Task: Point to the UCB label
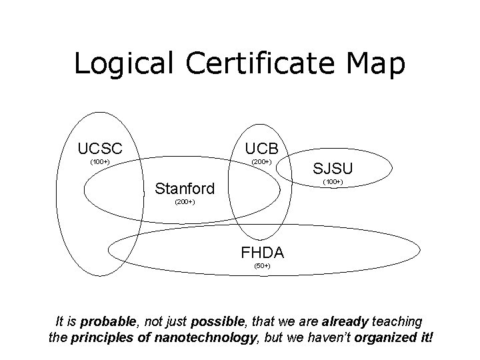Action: tap(265, 148)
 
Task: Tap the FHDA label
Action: tap(263, 253)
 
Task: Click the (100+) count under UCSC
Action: tap(99, 162)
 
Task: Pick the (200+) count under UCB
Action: tap(261, 162)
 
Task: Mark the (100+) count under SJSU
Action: tap(332, 182)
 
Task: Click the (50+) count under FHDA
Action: tap(262, 267)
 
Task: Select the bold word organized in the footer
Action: tap(382, 337)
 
